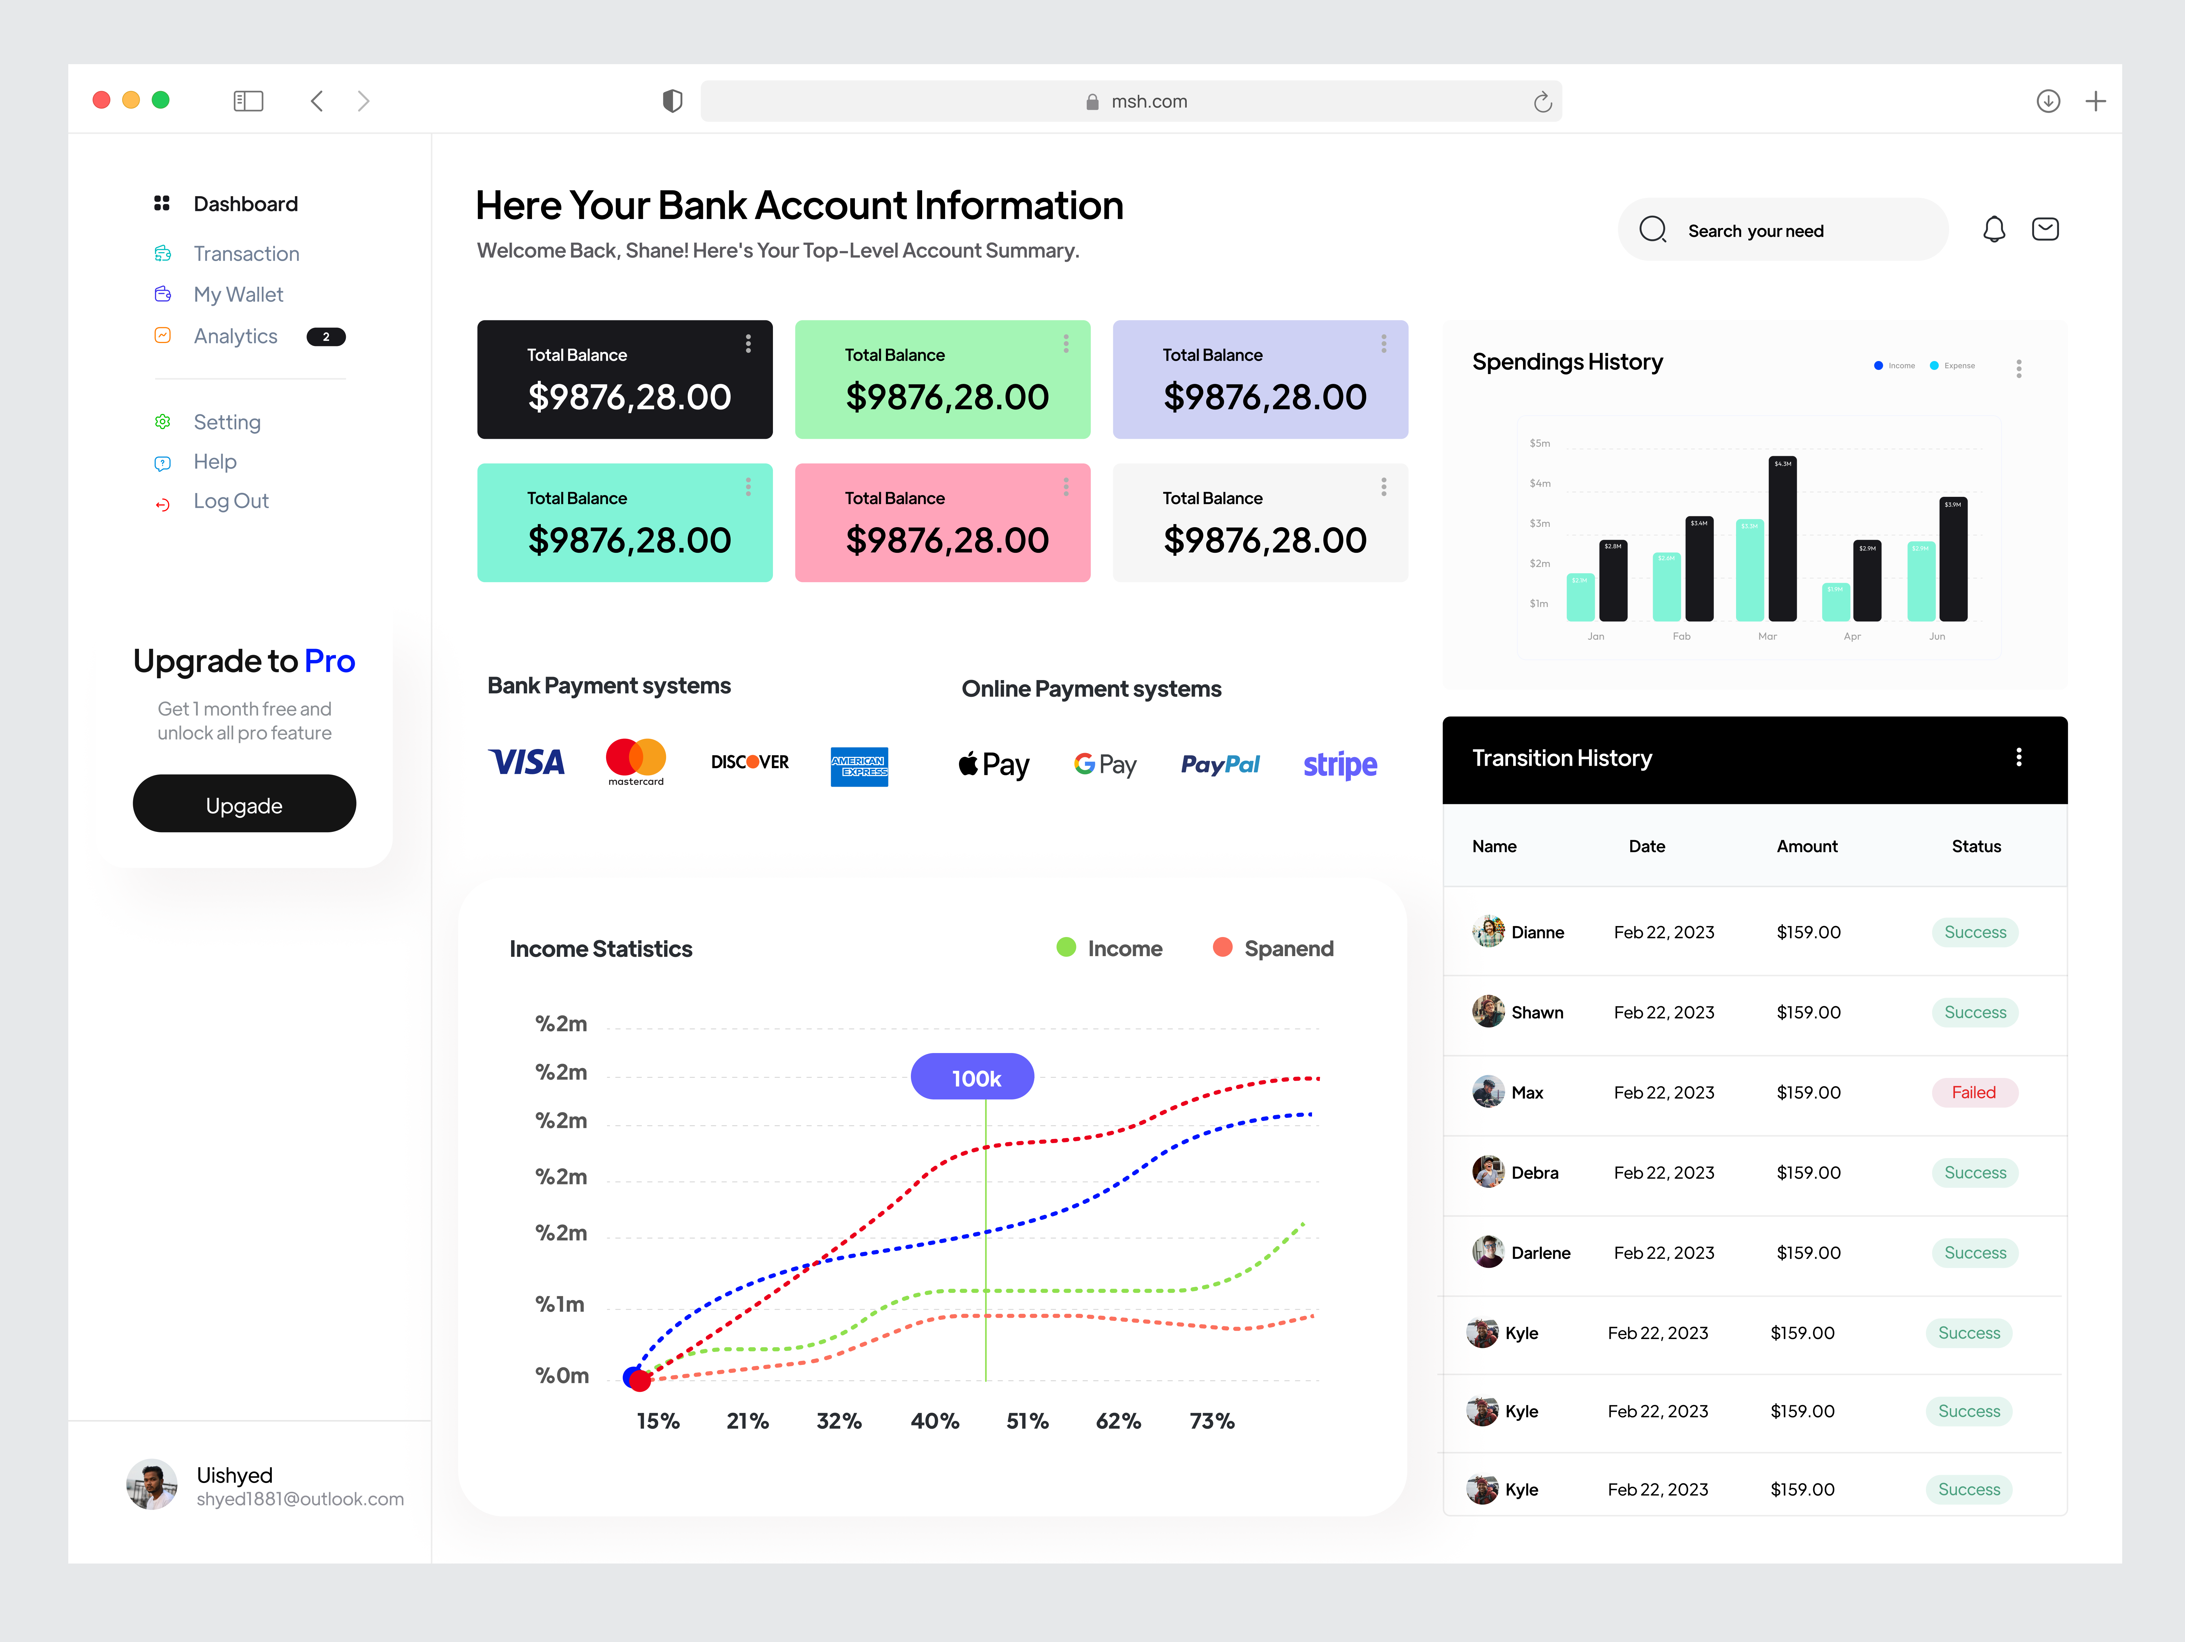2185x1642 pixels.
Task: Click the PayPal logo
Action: point(1220,764)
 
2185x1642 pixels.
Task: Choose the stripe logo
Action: point(1339,764)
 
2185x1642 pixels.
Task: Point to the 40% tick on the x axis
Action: point(934,1421)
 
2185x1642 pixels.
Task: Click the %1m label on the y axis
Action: point(560,1304)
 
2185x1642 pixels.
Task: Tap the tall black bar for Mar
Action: point(1782,538)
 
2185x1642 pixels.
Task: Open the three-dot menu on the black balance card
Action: point(748,344)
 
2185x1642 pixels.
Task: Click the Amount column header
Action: point(1807,846)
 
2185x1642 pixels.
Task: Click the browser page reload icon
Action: point(1542,102)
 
